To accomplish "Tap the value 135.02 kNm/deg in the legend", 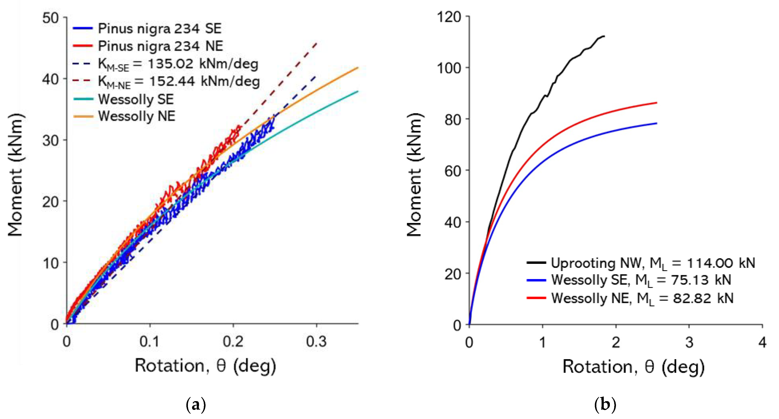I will [x=203, y=64].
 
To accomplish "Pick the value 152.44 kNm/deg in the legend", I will [x=204, y=81].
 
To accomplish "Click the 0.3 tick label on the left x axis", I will [x=316, y=342].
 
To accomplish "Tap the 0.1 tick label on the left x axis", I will [x=149, y=342].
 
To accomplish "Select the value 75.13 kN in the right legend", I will [x=701, y=280].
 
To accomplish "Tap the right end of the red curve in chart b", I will [x=657, y=103].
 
